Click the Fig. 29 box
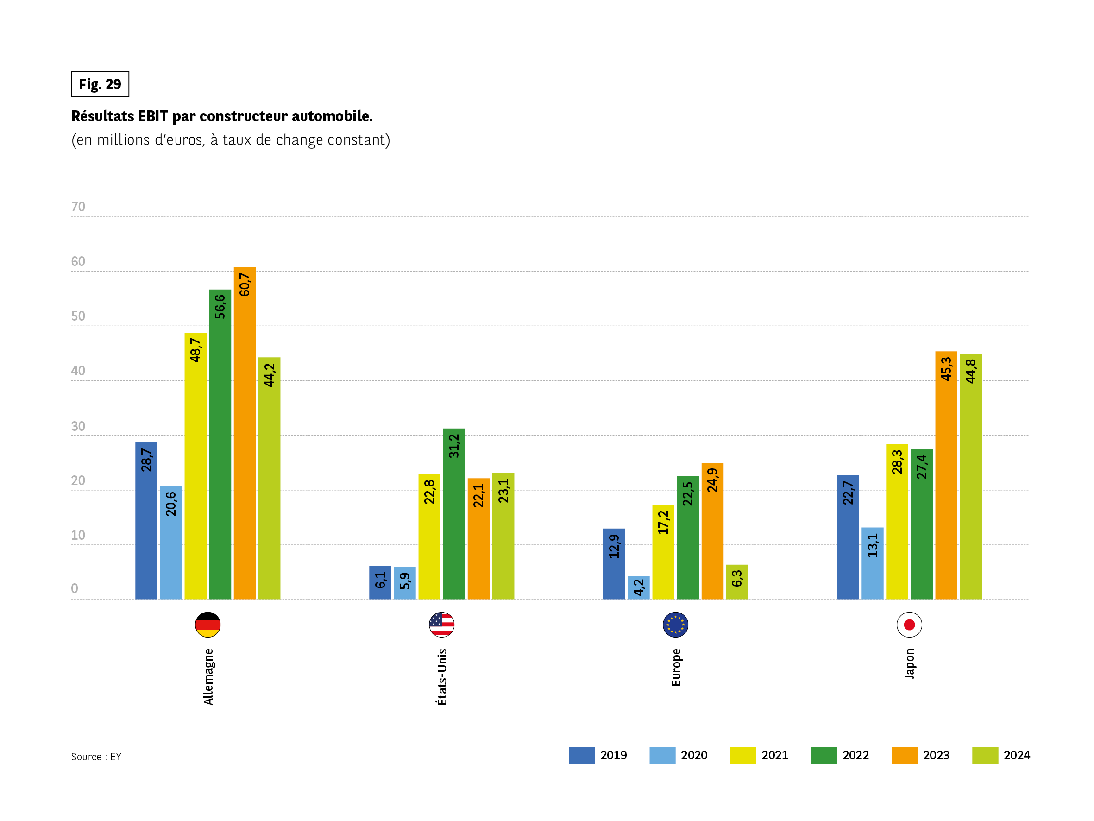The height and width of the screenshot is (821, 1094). (x=100, y=84)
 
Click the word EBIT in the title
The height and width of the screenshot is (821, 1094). (x=153, y=116)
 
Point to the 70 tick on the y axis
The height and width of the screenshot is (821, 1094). (x=78, y=207)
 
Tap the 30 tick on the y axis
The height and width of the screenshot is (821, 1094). (x=78, y=426)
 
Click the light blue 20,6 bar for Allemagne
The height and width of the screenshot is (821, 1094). (x=170, y=543)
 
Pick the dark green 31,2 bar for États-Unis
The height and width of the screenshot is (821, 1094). (x=453, y=514)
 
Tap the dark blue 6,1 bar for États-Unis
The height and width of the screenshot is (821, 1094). (x=380, y=582)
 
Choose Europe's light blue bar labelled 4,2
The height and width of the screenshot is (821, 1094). (x=639, y=587)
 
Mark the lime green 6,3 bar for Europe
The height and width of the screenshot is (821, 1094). (x=737, y=582)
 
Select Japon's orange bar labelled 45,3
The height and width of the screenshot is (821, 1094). (x=946, y=475)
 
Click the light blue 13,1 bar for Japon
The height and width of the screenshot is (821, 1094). (x=873, y=563)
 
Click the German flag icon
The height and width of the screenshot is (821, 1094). (x=207, y=625)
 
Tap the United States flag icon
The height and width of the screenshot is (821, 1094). (x=442, y=625)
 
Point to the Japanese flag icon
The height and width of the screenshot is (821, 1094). (x=909, y=625)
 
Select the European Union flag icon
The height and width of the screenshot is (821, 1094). (x=675, y=625)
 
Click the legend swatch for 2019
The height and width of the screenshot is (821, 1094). (x=582, y=755)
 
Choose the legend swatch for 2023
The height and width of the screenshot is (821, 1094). (x=904, y=755)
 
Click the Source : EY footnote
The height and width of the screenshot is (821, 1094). (x=96, y=757)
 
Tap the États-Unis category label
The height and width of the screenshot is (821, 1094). (x=442, y=676)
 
